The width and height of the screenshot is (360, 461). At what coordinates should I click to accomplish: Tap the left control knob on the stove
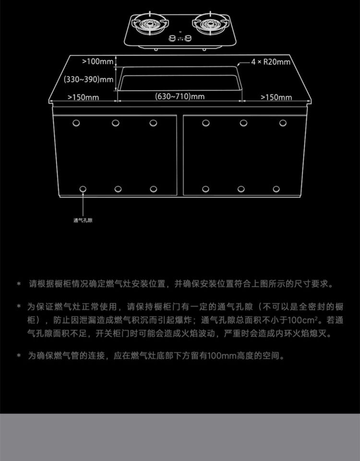pyautogui.click(x=172, y=38)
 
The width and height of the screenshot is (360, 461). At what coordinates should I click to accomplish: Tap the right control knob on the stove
pyautogui.click(x=188, y=38)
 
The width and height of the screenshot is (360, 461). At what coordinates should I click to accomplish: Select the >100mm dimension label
pyautogui.click(x=97, y=61)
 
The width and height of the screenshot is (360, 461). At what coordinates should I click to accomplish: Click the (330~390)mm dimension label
pyautogui.click(x=89, y=79)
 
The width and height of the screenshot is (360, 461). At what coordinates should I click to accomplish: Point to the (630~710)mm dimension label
pyautogui.click(x=180, y=97)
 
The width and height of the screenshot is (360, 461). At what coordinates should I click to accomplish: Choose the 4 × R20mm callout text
pyautogui.click(x=271, y=62)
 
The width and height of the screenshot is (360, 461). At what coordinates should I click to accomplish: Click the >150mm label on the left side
pyautogui.click(x=83, y=97)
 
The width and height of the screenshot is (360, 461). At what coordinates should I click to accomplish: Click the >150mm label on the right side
pyautogui.click(x=276, y=97)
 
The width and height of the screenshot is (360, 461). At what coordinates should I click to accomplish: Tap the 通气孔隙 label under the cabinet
pyautogui.click(x=83, y=220)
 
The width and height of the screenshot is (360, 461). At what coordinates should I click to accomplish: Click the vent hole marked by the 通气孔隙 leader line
pyautogui.click(x=83, y=189)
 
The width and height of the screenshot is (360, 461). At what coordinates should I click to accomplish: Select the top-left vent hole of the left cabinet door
pyautogui.click(x=76, y=123)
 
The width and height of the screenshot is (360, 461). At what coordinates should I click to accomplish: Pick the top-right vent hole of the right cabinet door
pyautogui.click(x=283, y=123)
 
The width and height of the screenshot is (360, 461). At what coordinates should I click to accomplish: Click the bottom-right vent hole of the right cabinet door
pyautogui.click(x=276, y=189)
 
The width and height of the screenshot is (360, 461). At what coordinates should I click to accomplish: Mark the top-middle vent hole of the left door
pyautogui.click(x=116, y=123)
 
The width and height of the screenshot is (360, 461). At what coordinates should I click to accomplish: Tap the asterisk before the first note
pyautogui.click(x=19, y=284)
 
